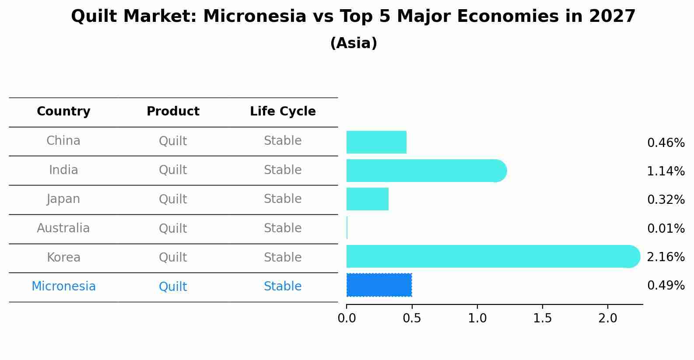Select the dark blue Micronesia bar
click(379, 285)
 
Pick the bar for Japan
click(367, 199)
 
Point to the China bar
click(376, 142)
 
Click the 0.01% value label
click(666, 228)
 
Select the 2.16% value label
click(666, 257)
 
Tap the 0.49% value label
click(666, 286)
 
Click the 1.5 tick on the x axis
click(542, 318)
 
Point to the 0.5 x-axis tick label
click(411, 318)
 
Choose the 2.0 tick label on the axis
click(607, 318)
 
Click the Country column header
click(63, 112)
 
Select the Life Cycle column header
click(283, 112)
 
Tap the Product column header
click(173, 112)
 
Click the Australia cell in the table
click(63, 228)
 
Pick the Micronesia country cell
click(63, 287)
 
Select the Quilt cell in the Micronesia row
click(173, 287)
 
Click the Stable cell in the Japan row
click(283, 199)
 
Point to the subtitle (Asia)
click(354, 43)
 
